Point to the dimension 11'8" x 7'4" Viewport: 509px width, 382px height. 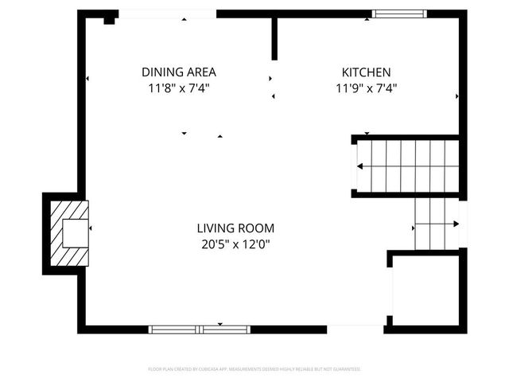tap(178, 88)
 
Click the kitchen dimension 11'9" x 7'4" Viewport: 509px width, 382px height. tap(366, 88)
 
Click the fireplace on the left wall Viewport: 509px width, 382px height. tap(67, 233)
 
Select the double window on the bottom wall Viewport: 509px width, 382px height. tap(199, 329)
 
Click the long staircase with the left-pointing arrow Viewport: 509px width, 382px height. tap(406, 166)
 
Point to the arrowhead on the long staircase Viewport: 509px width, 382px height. tap(360, 166)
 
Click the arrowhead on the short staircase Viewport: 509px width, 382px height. tap(457, 224)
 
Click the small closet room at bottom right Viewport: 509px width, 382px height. tap(425, 290)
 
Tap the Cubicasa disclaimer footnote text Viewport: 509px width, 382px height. tap(254, 369)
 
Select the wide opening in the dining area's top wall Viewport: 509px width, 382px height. tap(167, 14)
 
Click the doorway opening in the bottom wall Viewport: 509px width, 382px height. tap(356, 329)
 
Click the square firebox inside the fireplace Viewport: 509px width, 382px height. tap(76, 232)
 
